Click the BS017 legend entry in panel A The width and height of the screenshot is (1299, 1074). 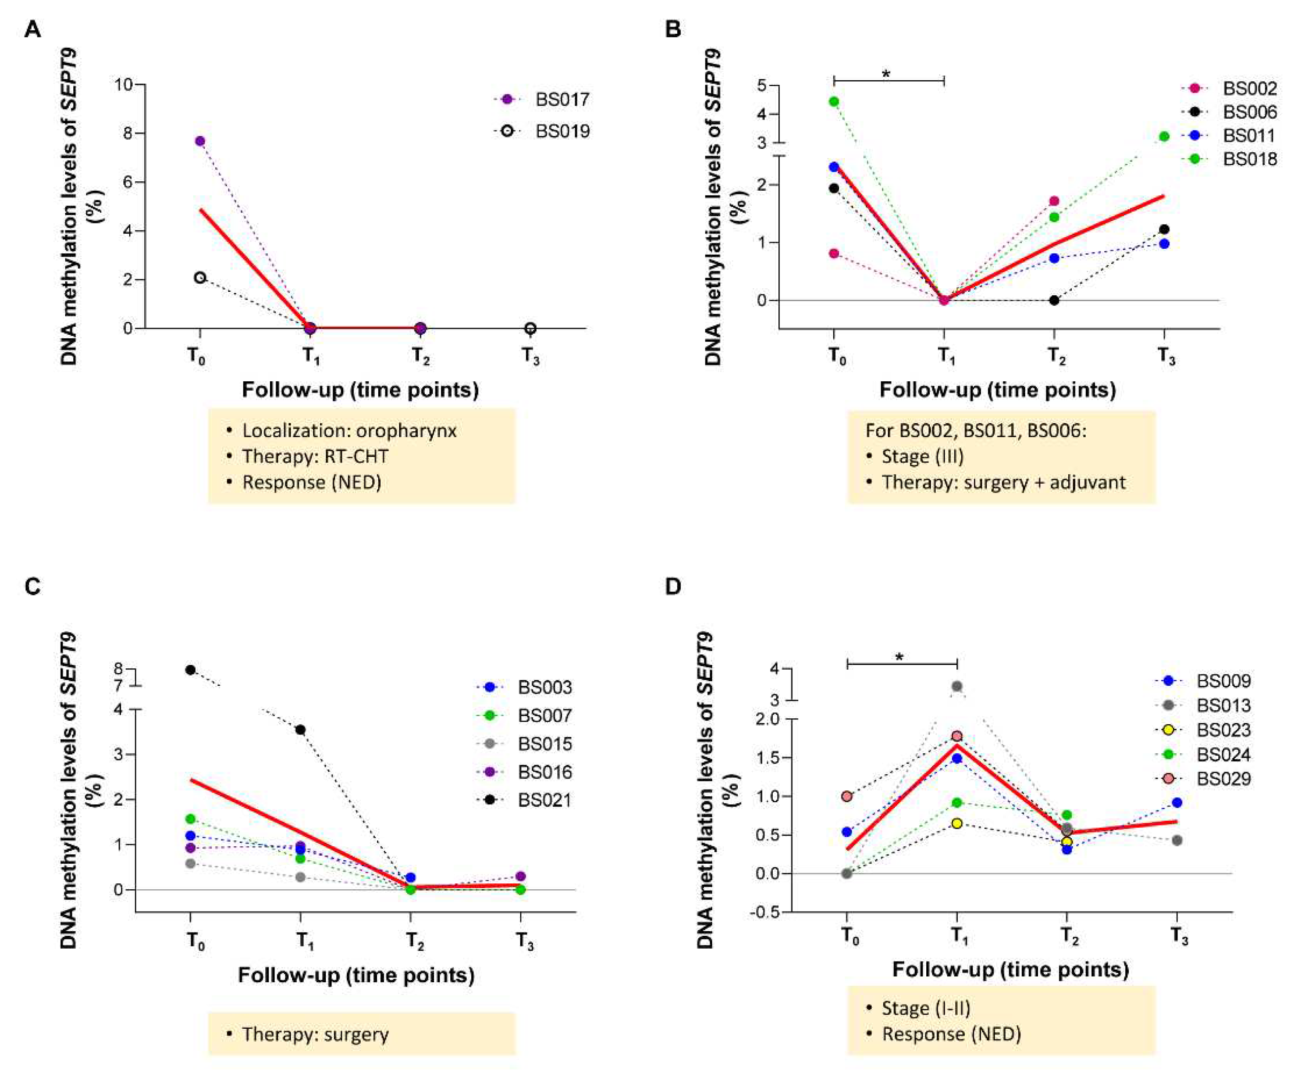[562, 100]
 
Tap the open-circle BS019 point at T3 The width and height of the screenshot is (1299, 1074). [530, 328]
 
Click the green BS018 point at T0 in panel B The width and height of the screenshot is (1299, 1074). [834, 102]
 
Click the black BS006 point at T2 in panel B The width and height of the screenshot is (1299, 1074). [1054, 301]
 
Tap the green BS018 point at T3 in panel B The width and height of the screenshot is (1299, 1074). [1164, 136]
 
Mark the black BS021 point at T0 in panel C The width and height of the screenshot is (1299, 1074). [191, 670]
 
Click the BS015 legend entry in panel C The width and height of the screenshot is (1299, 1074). [544, 743]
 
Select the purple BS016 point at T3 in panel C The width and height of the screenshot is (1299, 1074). [520, 877]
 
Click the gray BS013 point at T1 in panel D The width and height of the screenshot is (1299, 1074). [957, 686]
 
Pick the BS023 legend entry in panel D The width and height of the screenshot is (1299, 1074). [1223, 730]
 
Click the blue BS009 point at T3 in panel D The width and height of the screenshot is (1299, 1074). [1177, 802]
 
